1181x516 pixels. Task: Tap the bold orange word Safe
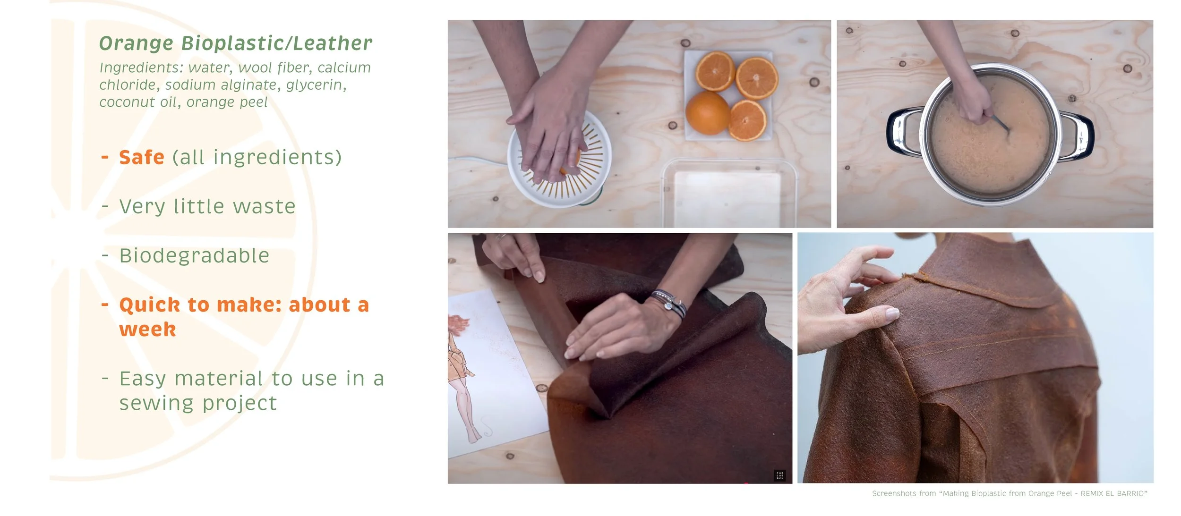142,157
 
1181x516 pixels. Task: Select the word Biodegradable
194,255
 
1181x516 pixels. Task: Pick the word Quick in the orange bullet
150,305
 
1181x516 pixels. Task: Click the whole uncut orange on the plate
707,113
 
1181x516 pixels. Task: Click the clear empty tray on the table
730,194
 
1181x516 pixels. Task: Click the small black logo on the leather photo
780,475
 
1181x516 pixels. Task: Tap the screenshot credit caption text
1010,493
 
